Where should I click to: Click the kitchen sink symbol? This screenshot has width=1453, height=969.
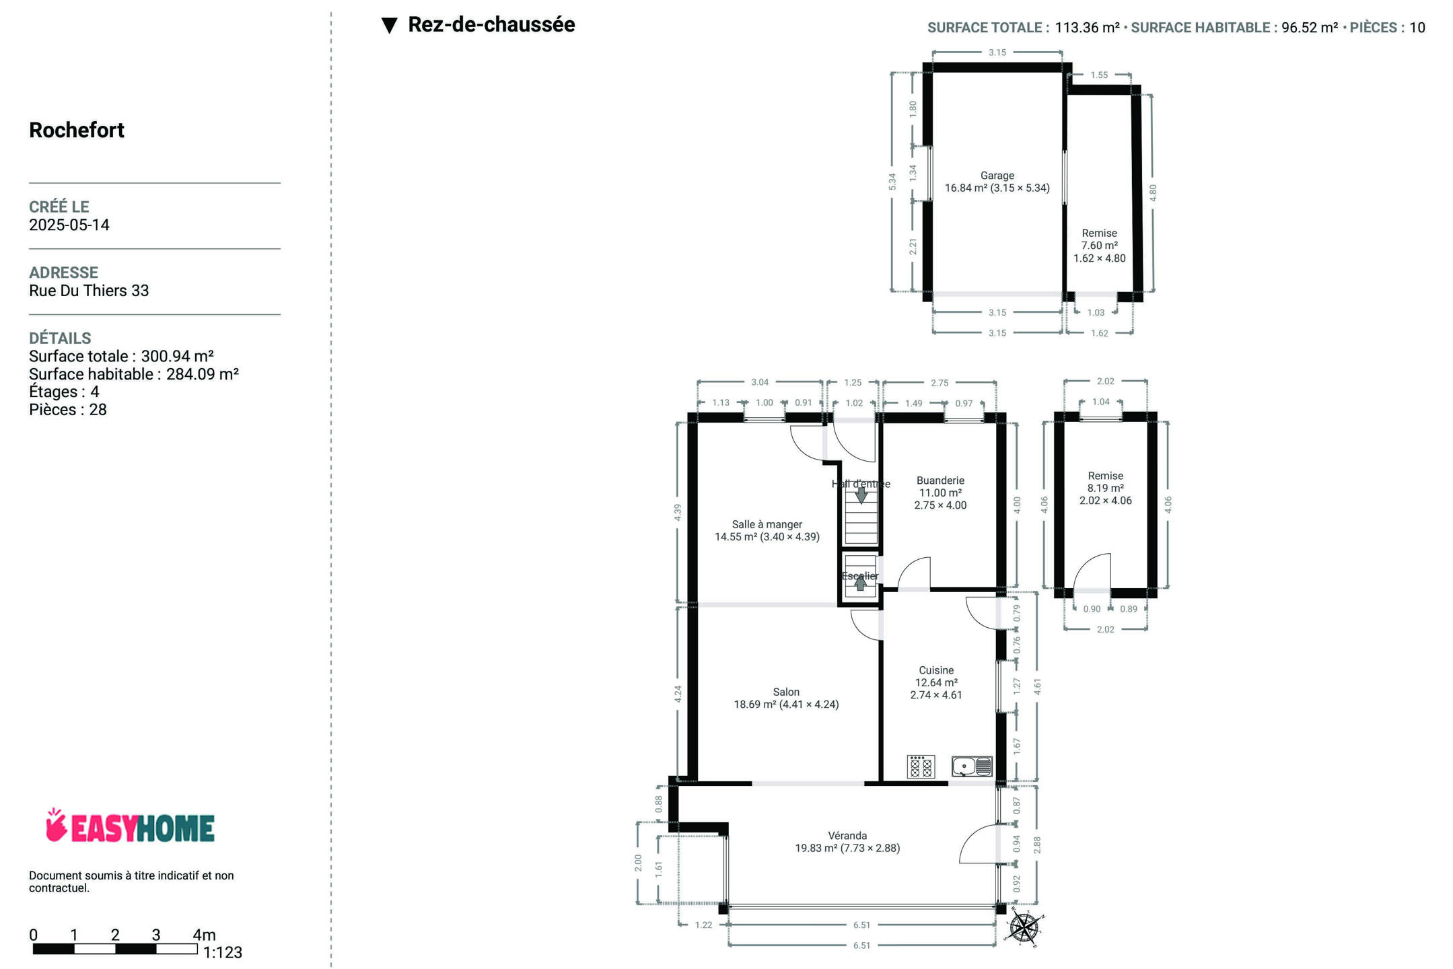pyautogui.click(x=972, y=766)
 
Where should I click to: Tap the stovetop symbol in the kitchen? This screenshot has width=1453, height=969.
pyautogui.click(x=921, y=766)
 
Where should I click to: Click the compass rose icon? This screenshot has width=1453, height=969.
pyautogui.click(x=1024, y=928)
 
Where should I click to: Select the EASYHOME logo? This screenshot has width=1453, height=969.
pyautogui.click(x=130, y=826)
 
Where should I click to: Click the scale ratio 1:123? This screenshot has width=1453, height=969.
pyautogui.click(x=223, y=953)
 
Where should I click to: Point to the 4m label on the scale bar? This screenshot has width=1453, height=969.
pyautogui.click(x=204, y=935)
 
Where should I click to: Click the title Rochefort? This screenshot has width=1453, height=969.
pyautogui.click(x=77, y=130)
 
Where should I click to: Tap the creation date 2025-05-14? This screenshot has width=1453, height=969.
pyautogui.click(x=69, y=225)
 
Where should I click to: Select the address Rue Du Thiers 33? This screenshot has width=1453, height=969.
pyautogui.click(x=89, y=291)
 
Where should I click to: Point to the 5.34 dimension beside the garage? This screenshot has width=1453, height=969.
pyautogui.click(x=892, y=182)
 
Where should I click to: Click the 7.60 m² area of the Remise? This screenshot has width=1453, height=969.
pyautogui.click(x=1099, y=246)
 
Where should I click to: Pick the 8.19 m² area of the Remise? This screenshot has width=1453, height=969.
pyautogui.click(x=1105, y=489)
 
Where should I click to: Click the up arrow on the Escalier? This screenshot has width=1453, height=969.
pyautogui.click(x=861, y=583)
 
